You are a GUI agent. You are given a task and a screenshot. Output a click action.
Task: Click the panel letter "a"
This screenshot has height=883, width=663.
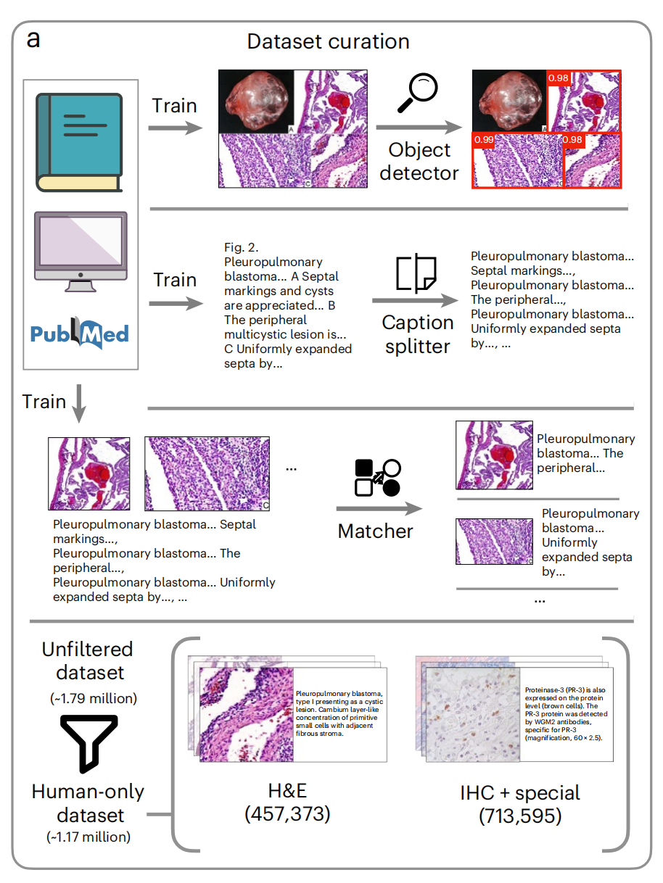tap(33, 39)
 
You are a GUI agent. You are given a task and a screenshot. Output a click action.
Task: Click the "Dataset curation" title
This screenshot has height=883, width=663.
tap(328, 41)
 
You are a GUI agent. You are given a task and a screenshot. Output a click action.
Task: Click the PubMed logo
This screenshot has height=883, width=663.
tap(80, 333)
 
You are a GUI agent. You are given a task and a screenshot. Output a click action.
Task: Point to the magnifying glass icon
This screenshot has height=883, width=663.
tap(420, 94)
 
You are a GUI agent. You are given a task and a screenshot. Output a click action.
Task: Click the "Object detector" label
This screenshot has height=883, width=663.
tap(419, 162)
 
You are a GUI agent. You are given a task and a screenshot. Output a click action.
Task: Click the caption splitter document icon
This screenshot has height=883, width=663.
tap(416, 274)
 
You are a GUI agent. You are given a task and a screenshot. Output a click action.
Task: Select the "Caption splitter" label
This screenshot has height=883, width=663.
tap(418, 334)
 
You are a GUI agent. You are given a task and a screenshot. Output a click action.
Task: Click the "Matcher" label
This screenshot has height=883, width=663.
tap(375, 531)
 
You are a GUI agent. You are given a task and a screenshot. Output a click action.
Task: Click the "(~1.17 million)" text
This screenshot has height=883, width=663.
tap(89, 837)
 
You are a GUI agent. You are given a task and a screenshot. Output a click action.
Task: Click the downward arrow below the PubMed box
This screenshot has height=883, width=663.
tap(79, 410)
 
